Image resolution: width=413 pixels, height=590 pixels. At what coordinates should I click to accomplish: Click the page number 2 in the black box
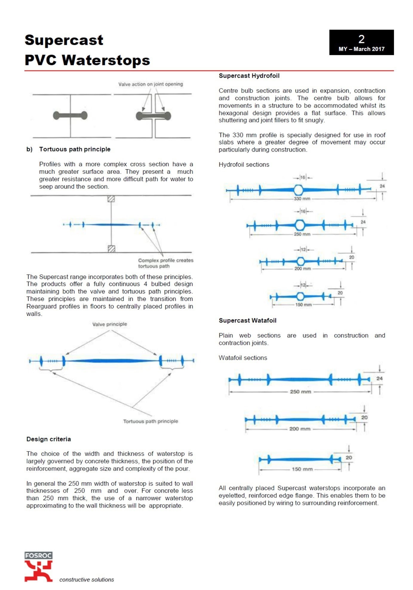click(361, 39)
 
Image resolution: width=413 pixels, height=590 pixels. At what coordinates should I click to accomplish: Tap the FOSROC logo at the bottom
click(38, 566)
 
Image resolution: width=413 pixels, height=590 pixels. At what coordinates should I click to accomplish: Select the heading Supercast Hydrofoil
click(249, 76)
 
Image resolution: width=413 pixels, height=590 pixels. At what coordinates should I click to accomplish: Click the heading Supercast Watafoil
click(248, 320)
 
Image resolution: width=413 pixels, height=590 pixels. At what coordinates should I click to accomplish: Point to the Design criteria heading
click(49, 439)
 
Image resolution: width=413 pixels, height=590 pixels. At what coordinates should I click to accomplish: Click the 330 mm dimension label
click(302, 199)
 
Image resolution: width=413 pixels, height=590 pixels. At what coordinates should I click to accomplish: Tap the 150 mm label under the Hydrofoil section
click(303, 305)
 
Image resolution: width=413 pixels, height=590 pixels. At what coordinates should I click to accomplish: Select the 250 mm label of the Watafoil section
click(300, 391)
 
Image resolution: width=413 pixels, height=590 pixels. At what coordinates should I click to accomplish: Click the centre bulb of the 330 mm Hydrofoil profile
click(298, 190)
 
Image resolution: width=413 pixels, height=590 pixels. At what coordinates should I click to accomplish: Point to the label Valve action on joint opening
click(151, 84)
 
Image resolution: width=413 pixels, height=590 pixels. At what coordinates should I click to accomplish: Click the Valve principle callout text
click(110, 324)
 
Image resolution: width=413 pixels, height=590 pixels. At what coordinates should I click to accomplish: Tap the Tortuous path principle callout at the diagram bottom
click(151, 421)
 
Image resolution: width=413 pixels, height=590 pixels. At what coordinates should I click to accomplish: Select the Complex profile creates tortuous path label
click(165, 263)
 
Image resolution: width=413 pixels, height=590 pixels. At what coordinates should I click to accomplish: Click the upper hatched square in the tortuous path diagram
click(111, 199)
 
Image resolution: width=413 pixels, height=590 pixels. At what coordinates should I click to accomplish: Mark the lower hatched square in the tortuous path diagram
click(111, 249)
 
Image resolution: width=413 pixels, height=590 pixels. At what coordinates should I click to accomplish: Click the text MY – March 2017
click(361, 49)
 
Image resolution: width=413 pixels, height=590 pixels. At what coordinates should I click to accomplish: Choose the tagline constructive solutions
click(87, 580)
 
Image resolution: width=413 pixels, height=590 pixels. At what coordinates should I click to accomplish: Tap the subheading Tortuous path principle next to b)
click(75, 149)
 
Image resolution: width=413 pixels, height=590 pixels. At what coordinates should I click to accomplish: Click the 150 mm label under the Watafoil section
click(302, 469)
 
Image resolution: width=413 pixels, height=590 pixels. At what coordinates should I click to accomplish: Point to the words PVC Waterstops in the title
click(87, 60)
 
